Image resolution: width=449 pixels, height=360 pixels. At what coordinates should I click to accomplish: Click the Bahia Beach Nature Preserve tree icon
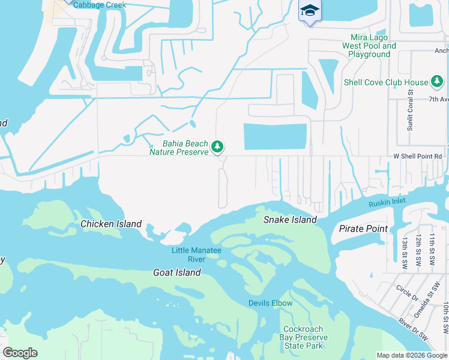(217, 146)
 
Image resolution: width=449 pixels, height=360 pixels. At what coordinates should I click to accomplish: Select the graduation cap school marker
(310, 11)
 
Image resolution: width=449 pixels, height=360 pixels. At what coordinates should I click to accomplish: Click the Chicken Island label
(111, 224)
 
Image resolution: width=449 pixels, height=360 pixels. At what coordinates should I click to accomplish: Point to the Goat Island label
(176, 272)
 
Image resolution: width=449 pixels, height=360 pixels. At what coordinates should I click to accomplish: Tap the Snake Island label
(290, 220)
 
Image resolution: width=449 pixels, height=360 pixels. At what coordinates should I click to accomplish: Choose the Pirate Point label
(363, 229)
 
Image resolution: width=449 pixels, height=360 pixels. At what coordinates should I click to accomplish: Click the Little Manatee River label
(188, 254)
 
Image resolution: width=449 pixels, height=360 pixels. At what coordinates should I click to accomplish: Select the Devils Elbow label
(271, 303)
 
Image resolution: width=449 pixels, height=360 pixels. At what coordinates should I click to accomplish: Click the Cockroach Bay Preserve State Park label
(303, 337)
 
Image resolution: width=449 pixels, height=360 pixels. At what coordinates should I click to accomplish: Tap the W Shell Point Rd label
(417, 156)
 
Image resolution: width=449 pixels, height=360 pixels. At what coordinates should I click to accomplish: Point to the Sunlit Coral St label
(411, 110)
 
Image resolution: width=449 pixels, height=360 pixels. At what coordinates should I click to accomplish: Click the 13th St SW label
(406, 251)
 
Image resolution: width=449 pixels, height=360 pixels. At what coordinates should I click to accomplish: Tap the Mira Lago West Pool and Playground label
(369, 46)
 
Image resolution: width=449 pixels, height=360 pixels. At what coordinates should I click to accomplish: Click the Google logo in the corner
(20, 353)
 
